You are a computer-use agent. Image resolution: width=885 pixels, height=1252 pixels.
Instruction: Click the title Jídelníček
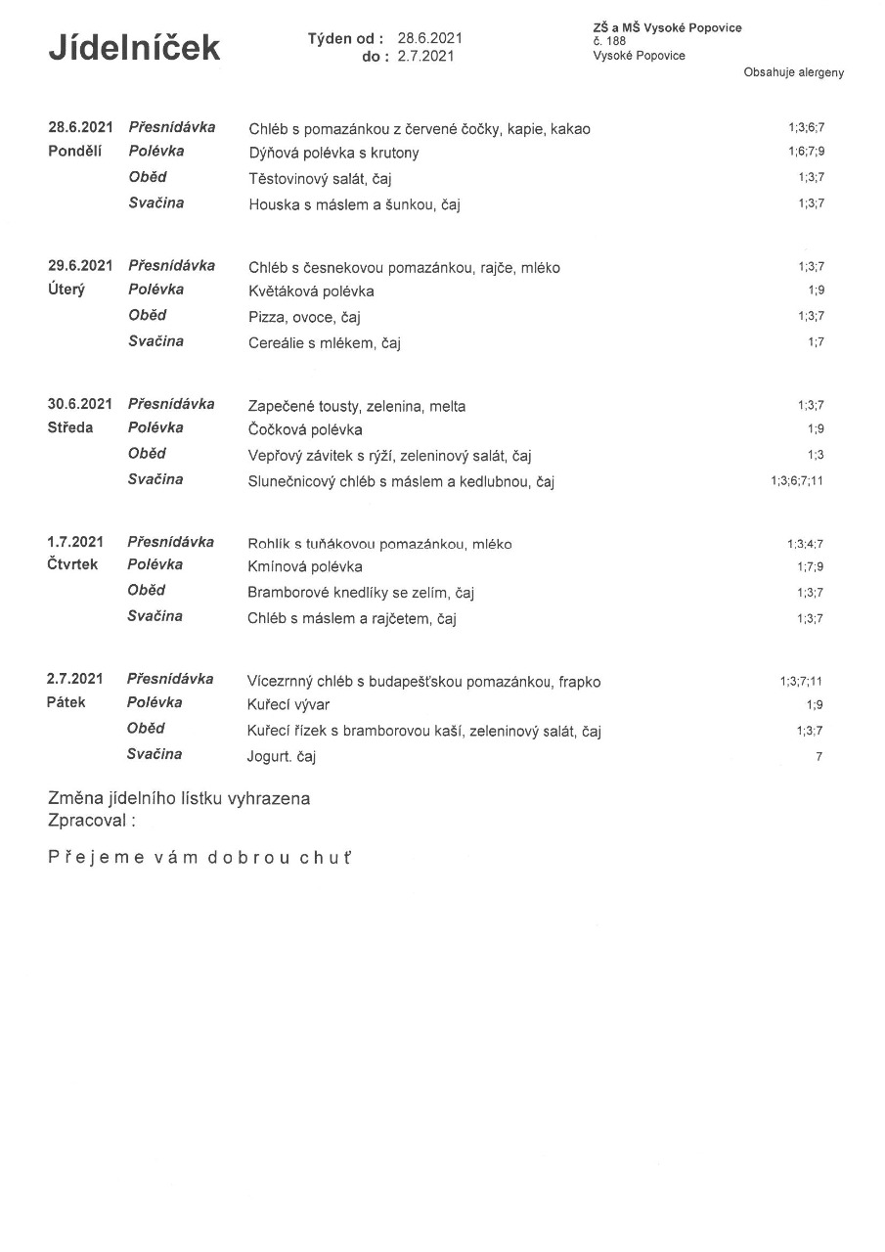point(134,47)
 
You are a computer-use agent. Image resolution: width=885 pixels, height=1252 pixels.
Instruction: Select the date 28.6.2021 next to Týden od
point(429,38)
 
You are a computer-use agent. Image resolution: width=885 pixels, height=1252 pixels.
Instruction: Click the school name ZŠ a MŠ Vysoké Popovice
point(667,27)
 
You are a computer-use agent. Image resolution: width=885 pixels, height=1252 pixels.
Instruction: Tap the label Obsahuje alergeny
point(793,72)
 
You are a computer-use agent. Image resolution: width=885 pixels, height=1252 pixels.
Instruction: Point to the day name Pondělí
point(75,151)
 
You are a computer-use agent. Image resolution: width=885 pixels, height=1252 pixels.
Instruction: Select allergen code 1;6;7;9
point(806,152)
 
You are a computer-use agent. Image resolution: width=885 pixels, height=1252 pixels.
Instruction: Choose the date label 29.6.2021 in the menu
point(80,265)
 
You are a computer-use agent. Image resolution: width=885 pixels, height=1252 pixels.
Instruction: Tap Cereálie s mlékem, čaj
point(325,343)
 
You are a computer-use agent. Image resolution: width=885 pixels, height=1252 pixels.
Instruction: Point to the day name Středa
point(70,427)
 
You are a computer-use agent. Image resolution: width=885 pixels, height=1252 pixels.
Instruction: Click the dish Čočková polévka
point(305,429)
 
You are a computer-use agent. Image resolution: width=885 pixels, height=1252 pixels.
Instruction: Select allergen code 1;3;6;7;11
point(797,480)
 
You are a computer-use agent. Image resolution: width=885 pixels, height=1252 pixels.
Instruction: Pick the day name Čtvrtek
point(72,564)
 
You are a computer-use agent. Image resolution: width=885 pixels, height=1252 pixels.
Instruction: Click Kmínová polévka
point(305,566)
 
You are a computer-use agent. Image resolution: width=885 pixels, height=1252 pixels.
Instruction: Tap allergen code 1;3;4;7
point(806,543)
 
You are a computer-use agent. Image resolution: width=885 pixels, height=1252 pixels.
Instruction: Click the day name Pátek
point(66,702)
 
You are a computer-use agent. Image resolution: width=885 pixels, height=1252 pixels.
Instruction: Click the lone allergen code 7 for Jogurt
point(819,756)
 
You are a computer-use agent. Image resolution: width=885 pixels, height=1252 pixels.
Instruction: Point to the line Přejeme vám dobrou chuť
point(199,858)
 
